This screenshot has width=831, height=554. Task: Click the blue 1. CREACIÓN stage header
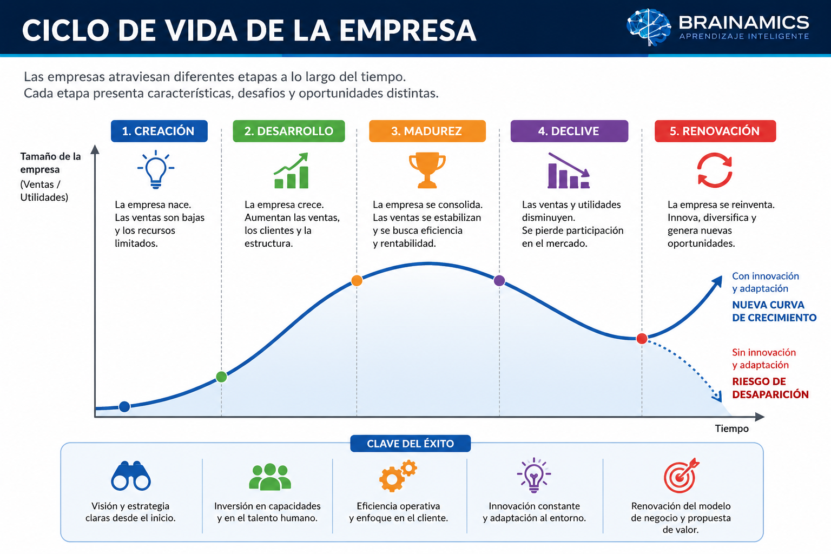(159, 131)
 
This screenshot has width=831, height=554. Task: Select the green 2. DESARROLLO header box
(288, 131)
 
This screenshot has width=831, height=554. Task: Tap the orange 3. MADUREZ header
(427, 131)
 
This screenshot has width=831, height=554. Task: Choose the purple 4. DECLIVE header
(570, 131)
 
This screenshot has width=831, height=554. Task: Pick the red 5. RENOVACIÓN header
(715, 131)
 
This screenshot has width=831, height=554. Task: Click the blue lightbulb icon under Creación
(156, 169)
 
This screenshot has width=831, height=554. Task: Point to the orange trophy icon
(427, 170)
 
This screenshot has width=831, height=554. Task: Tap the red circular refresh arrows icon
(715, 170)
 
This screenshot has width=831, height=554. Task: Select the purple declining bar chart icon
(569, 170)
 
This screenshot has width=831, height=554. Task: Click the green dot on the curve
(221, 377)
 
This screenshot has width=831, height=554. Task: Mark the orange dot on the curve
(357, 281)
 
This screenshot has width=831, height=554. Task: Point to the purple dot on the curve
(499, 281)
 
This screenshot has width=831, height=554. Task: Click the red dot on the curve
(642, 339)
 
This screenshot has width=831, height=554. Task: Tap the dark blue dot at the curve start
(124, 407)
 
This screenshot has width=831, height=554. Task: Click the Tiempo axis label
(731, 428)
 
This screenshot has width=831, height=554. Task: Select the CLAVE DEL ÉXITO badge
(410, 444)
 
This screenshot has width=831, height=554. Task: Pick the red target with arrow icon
(681, 476)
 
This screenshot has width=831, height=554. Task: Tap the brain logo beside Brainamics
(649, 27)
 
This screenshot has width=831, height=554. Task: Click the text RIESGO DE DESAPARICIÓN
(770, 388)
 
